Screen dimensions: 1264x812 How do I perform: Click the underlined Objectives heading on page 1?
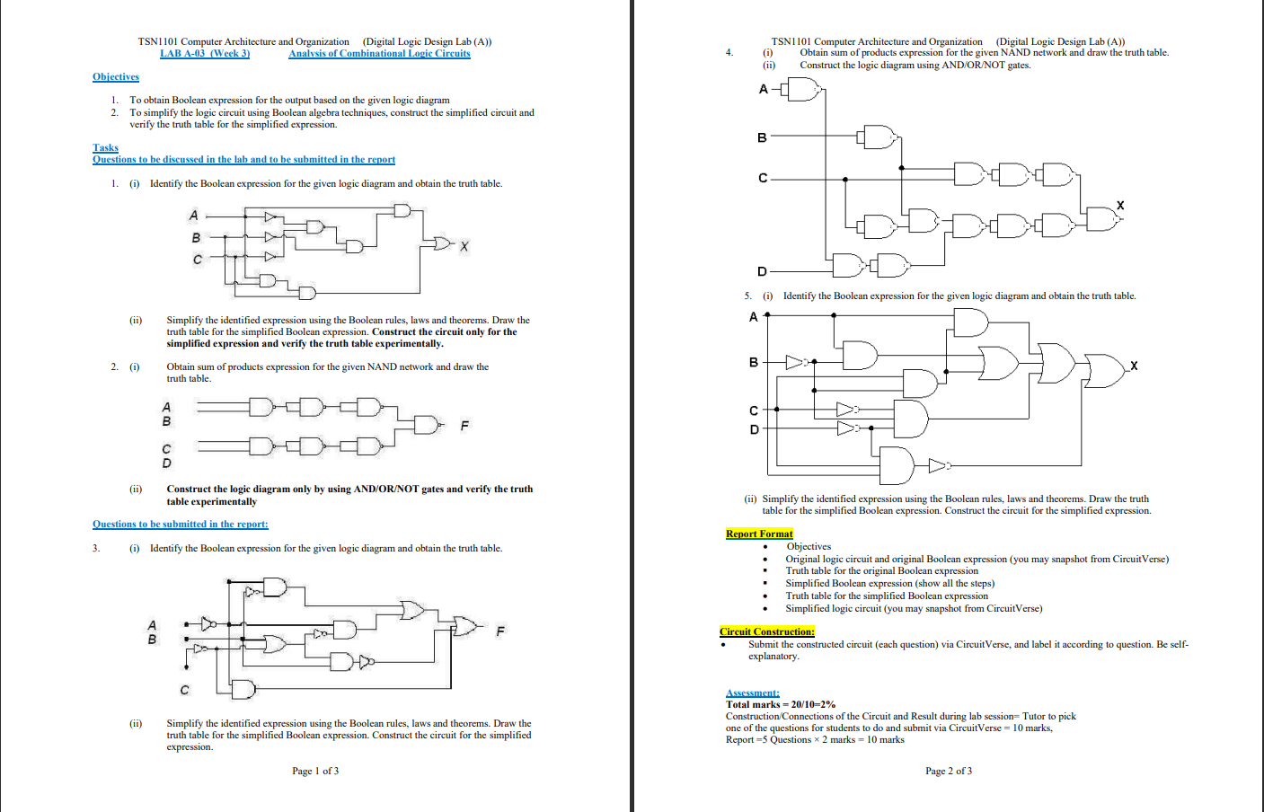(115, 77)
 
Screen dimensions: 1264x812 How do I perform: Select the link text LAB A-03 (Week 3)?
(205, 54)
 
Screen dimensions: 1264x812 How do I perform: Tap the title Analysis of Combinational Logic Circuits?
(379, 54)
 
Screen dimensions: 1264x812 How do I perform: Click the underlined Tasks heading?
(105, 147)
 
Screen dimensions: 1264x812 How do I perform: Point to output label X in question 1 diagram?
(464, 246)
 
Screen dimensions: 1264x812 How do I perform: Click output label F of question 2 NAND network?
(464, 426)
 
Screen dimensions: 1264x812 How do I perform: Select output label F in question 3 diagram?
(500, 631)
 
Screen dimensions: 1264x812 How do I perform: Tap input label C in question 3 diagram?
(185, 690)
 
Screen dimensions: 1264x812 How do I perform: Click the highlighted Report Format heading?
(759, 534)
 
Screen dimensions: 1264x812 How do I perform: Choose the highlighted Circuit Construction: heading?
(767, 631)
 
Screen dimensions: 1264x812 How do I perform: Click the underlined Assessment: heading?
(753, 693)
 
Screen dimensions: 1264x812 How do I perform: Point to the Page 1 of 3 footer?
(315, 771)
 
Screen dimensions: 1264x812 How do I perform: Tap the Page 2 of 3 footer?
(949, 771)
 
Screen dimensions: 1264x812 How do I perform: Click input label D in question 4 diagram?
(762, 271)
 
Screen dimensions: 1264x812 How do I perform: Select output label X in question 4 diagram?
(1120, 206)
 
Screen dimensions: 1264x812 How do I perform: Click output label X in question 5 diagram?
(1134, 366)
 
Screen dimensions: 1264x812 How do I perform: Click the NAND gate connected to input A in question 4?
(804, 89)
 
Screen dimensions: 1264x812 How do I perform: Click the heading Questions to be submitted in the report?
(180, 524)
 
